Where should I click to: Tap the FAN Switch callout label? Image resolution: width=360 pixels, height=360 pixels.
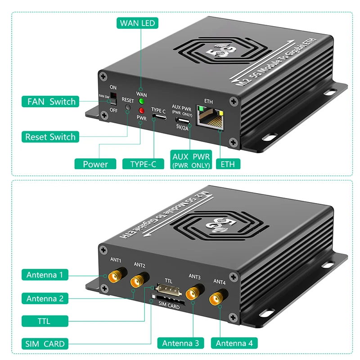(50, 101)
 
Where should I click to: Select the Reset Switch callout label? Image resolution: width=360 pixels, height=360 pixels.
(50, 136)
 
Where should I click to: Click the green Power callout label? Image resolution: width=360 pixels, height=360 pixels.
(95, 164)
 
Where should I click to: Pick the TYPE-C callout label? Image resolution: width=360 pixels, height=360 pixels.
(143, 164)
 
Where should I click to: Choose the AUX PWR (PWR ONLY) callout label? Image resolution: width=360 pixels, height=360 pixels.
(191, 160)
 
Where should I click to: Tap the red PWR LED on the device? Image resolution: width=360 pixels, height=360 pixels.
(141, 111)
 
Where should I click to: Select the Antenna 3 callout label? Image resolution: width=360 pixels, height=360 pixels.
(180, 343)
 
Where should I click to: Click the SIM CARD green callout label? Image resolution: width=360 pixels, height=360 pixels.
(45, 344)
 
